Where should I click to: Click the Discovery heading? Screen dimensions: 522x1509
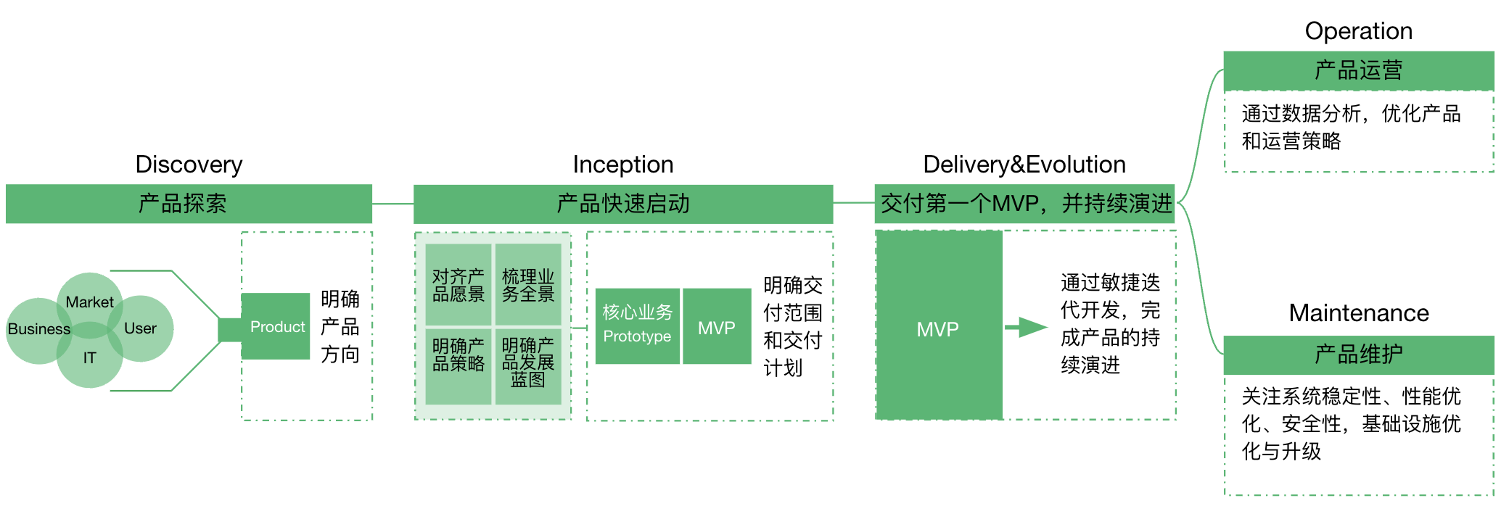tap(189, 165)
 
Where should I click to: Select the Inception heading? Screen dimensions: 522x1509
tap(622, 165)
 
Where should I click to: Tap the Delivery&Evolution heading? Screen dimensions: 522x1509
tap(1024, 165)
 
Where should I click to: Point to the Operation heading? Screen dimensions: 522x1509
tap(1358, 31)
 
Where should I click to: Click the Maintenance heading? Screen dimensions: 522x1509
tap(1358, 313)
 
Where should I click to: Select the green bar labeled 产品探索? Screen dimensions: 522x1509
tap(189, 204)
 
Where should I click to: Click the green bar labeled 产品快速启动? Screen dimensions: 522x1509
tap(622, 204)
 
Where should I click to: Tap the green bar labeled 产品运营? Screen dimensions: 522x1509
tap(1358, 70)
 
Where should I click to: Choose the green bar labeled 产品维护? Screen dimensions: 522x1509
tap(1358, 355)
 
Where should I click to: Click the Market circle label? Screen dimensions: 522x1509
tap(89, 302)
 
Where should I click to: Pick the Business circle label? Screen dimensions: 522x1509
tap(39, 329)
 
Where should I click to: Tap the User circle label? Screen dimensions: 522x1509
tap(140, 328)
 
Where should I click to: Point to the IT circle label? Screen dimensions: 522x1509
tap(89, 358)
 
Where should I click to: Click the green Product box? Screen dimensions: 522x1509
tap(276, 326)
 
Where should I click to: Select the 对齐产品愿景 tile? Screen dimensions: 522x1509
tap(458, 285)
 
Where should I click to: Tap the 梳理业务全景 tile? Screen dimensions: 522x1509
tap(528, 285)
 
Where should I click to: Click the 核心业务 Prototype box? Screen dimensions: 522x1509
tap(637, 326)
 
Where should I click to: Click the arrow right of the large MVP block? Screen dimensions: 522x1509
tap(1026, 328)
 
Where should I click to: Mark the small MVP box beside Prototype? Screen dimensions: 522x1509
tap(716, 327)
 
